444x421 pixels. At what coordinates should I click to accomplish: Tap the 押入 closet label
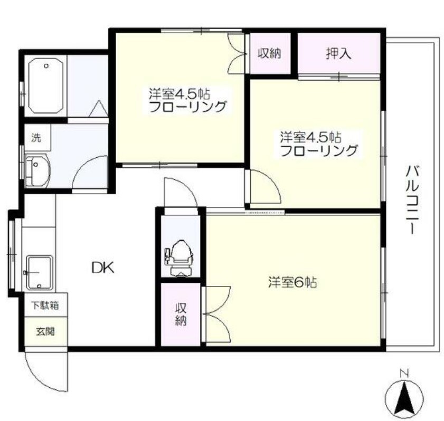tap(338, 53)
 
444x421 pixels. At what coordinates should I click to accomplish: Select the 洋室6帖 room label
tap(291, 283)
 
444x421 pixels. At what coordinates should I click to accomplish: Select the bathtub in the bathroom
tap(46, 86)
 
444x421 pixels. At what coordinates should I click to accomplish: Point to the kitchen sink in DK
tap(40, 272)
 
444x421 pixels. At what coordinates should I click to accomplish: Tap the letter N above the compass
tap(404, 374)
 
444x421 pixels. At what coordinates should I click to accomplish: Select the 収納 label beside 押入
tap(269, 53)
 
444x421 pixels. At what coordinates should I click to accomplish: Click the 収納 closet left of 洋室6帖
tap(181, 314)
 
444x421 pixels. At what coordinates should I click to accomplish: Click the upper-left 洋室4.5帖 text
tap(179, 94)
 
